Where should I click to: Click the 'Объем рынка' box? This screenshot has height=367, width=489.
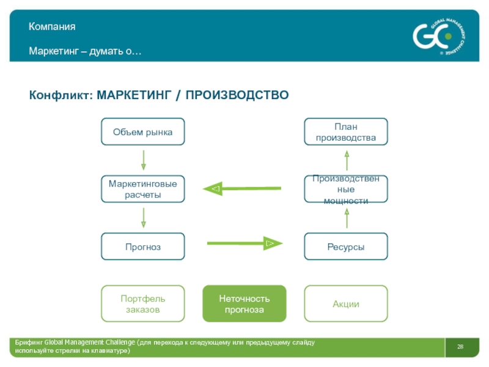[x=142, y=132]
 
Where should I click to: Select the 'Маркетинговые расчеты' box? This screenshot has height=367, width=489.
[x=142, y=189]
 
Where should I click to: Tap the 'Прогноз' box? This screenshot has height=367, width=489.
[x=142, y=247]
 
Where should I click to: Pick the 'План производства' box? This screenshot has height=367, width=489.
[x=346, y=132]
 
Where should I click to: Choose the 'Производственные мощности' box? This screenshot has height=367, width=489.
[x=346, y=189]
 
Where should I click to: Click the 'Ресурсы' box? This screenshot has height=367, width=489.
[x=346, y=247]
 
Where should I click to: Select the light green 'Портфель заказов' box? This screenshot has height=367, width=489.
[x=142, y=304]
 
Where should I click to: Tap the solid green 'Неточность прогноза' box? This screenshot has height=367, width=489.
[x=244, y=304]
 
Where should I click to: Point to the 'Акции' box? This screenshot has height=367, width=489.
[x=346, y=304]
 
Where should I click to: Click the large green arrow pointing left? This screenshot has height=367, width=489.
[x=241, y=188]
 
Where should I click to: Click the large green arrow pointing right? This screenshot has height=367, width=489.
[x=244, y=243]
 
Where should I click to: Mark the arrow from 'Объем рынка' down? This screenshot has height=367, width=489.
[x=143, y=160]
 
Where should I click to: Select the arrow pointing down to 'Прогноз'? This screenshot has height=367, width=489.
[x=143, y=217]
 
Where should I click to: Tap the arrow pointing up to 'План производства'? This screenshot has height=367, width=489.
[x=347, y=160]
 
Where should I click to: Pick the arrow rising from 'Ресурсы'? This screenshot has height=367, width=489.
[x=347, y=218]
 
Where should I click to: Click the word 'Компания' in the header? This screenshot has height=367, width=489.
[x=52, y=27]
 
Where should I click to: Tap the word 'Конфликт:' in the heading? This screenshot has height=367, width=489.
[x=61, y=95]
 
